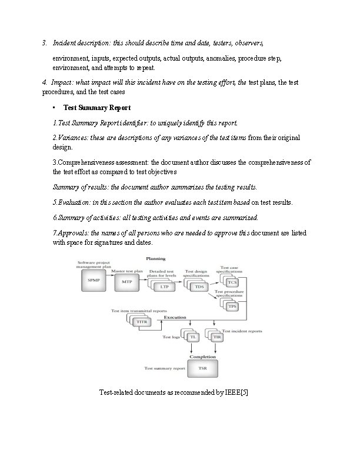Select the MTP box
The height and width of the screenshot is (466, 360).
(x=127, y=282)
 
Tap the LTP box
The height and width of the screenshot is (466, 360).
(x=164, y=287)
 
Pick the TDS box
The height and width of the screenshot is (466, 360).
(x=199, y=287)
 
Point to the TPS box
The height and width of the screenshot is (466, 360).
(x=232, y=307)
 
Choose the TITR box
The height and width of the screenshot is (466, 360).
(x=142, y=322)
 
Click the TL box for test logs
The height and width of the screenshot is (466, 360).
(x=192, y=337)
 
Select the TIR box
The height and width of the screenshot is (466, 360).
(x=216, y=337)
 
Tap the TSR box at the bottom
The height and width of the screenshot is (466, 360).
(x=202, y=368)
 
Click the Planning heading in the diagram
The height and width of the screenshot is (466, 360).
(x=156, y=258)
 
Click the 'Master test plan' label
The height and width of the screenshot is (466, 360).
(x=127, y=271)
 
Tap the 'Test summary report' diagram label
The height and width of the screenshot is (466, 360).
(x=164, y=368)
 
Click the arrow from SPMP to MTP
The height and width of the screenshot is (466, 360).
(x=110, y=282)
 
